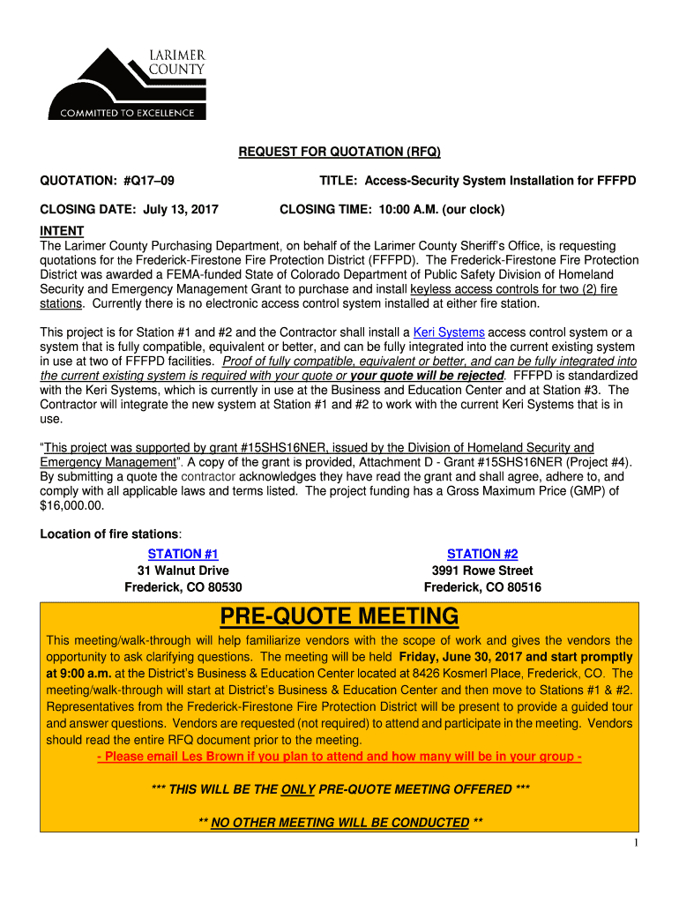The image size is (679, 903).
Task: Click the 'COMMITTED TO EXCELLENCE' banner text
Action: [127, 113]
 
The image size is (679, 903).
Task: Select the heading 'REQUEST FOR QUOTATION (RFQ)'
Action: [339, 153]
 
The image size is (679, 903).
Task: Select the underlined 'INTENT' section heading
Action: [62, 231]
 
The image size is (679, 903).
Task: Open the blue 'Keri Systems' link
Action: [449, 332]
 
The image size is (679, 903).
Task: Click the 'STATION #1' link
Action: [183, 554]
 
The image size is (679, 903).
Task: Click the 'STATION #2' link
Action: [482, 554]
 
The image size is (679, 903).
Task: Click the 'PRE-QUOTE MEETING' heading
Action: [339, 615]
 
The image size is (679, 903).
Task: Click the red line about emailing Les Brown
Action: [339, 757]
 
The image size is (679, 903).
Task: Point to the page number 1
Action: [635, 843]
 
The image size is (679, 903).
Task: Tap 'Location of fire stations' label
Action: [111, 534]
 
